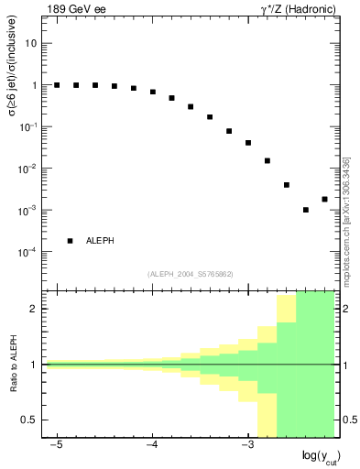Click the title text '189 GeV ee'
(73, 9)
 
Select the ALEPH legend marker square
(71, 241)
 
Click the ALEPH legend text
(101, 241)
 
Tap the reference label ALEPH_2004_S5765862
(191, 274)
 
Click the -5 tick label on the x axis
(56, 444)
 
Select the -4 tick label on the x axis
(151, 444)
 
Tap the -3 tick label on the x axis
(246, 444)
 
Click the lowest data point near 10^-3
(306, 210)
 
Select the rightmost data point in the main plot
(324, 199)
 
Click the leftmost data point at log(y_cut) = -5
(57, 85)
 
